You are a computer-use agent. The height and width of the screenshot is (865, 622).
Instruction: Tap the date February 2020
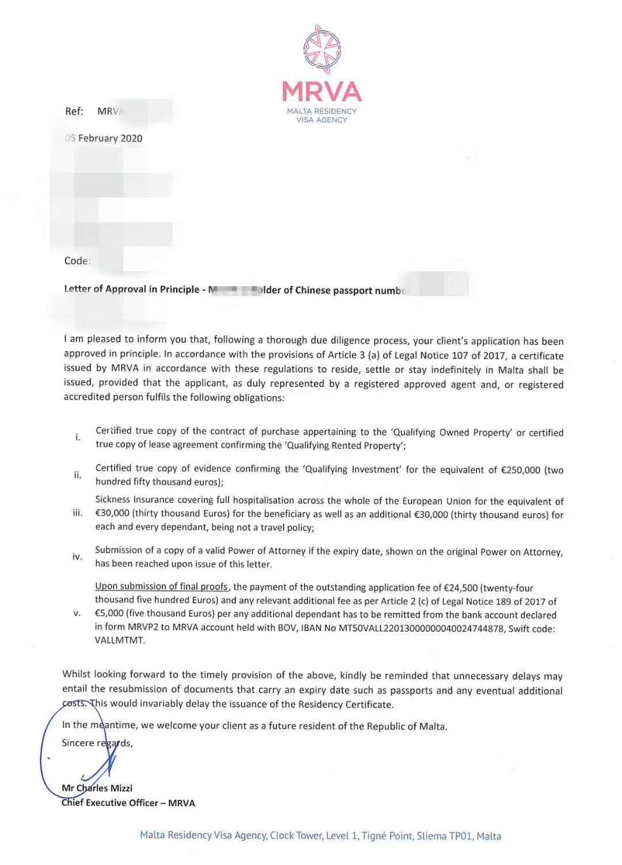pos(109,138)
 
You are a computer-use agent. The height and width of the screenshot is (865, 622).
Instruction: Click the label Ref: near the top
pos(74,111)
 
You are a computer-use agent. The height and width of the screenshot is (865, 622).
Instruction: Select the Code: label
pos(77,261)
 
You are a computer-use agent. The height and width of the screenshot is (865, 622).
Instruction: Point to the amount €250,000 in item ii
pos(521,470)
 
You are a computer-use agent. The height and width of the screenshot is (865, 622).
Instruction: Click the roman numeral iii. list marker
pos(78,513)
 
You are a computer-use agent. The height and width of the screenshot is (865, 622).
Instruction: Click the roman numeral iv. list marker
pos(77,557)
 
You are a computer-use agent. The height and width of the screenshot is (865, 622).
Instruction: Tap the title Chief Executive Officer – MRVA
pos(128,803)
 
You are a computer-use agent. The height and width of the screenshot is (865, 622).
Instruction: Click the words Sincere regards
pos(97,743)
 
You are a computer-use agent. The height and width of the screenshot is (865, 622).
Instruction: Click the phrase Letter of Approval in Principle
pos(132,290)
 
